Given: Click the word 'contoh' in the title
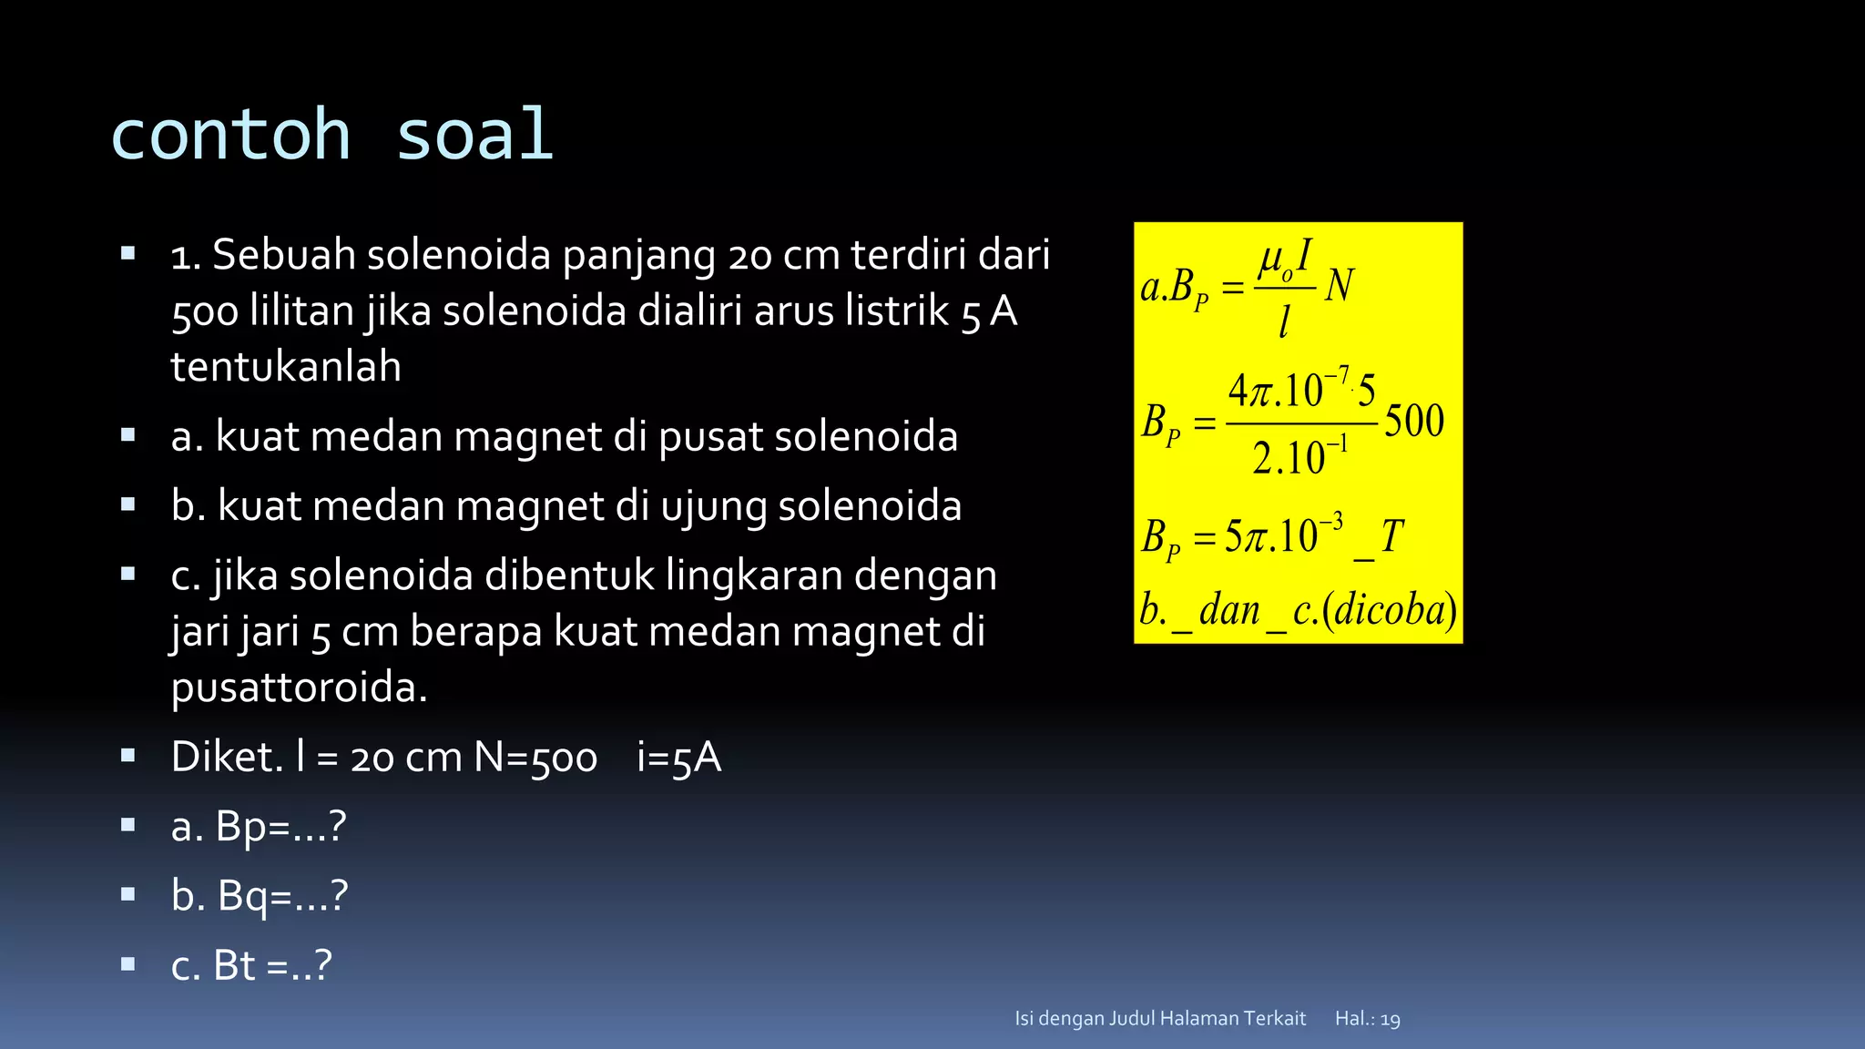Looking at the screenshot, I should pos(230,135).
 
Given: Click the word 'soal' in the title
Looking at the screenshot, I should pos(474,135).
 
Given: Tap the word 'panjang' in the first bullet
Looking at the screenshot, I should pos(638,256).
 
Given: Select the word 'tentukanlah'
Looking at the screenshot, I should pos(286,367).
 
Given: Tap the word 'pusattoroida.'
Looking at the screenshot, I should pos(299,687).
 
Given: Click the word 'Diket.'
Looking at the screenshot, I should pos(227,758).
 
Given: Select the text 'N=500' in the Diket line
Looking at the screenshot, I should pos(535,758).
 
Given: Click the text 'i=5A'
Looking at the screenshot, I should pos(678,758).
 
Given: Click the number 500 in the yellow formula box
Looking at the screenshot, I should pos(1414,422).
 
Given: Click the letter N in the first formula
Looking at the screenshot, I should pos(1340,286).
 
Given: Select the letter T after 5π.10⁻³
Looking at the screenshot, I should pos(1392,536).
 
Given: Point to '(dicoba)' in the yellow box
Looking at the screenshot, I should pos(1390,610).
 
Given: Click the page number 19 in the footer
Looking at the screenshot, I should pos(1390,1019).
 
